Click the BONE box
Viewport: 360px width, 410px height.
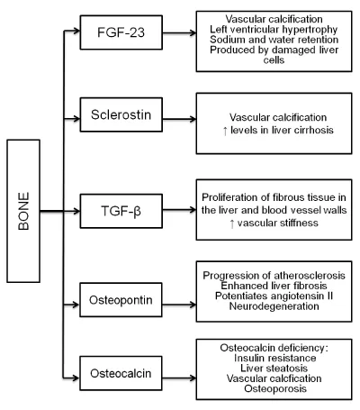23,211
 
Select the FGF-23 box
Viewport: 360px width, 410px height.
121,32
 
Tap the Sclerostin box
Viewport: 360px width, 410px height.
121,114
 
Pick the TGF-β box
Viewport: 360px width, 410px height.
121,211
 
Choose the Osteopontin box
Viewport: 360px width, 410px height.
121,300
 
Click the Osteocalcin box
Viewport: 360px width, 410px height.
121,373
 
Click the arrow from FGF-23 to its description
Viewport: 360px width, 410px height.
179,32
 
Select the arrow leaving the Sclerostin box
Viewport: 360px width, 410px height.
179,119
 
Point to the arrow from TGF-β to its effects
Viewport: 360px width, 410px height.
179,210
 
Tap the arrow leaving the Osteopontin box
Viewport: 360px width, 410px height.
179,305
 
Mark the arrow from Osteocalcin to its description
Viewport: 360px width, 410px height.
179,378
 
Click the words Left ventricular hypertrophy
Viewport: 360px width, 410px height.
274,30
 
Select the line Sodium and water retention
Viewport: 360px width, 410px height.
274,40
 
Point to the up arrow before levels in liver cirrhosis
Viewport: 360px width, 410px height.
225,131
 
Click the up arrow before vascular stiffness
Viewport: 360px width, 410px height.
232,223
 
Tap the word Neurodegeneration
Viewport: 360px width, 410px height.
274,306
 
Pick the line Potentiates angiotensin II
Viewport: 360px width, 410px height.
274,296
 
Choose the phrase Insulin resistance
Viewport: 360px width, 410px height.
275,358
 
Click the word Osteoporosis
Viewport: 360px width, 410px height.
275,388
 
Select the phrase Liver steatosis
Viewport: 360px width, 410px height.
274,369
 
